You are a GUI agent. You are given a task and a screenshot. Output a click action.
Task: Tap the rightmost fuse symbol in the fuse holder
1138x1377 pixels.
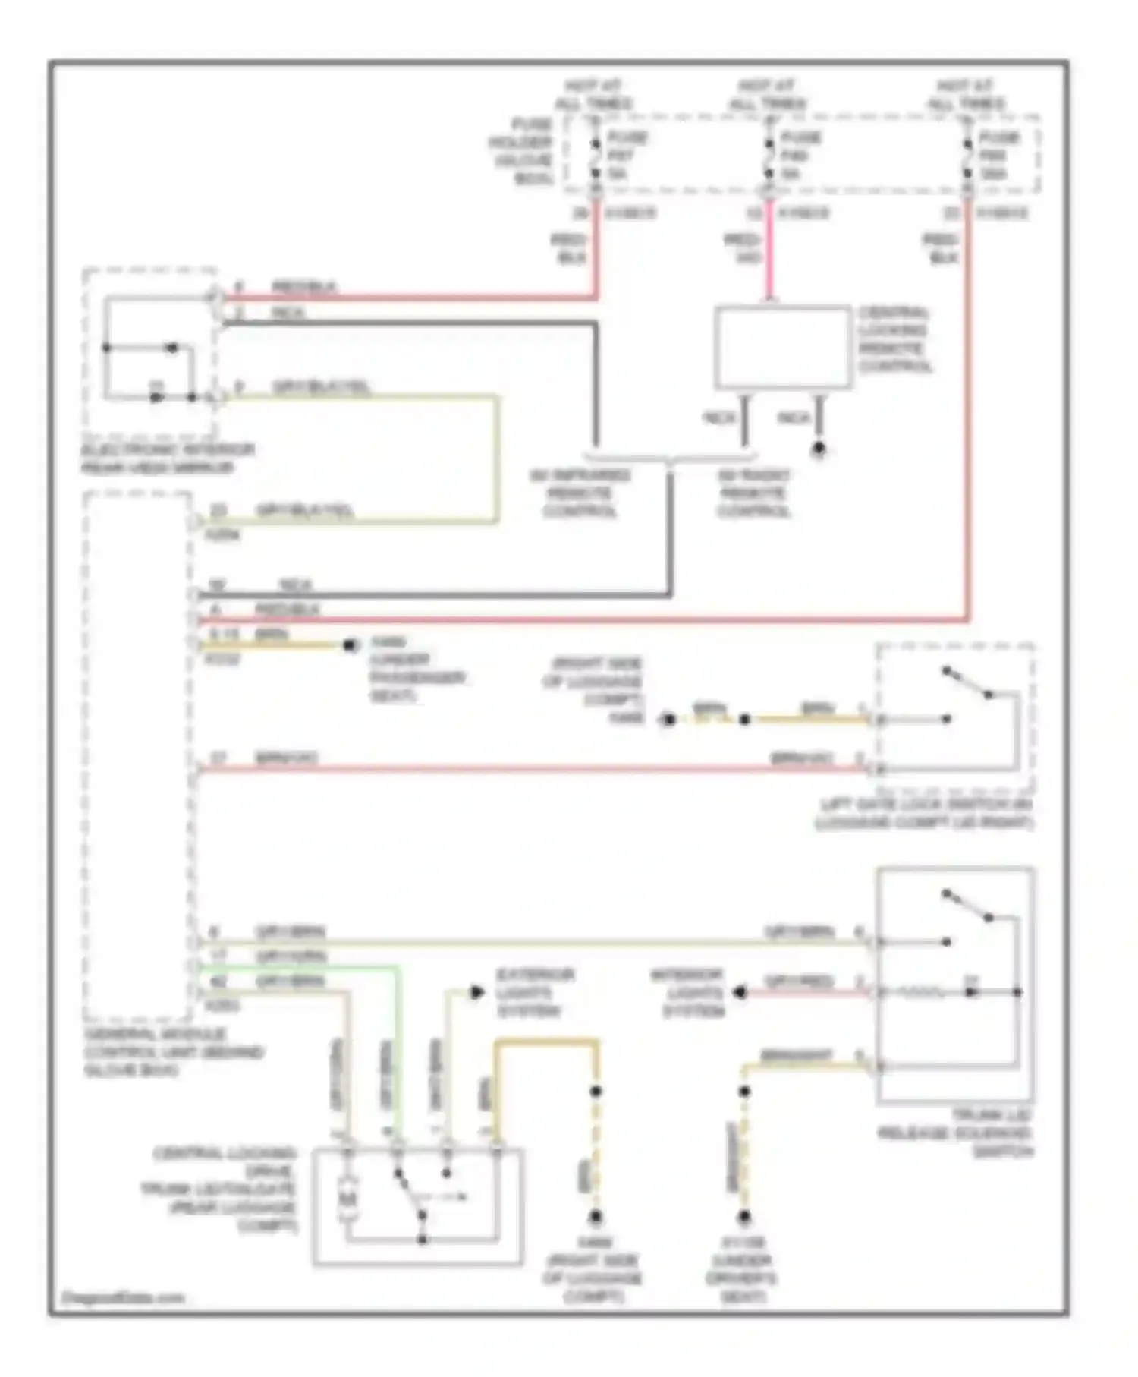[967, 157]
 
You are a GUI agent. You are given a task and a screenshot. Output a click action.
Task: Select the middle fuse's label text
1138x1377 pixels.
[800, 156]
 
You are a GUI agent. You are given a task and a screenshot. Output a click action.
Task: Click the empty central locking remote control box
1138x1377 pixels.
[782, 348]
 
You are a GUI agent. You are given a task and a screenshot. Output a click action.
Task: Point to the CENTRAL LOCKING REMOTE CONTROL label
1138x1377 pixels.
[894, 339]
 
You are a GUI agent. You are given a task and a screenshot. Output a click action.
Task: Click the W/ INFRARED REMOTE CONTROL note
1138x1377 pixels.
[580, 493]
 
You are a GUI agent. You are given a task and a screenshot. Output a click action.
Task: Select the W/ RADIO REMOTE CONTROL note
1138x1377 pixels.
[754, 493]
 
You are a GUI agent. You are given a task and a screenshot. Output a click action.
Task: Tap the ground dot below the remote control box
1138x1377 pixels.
[819, 449]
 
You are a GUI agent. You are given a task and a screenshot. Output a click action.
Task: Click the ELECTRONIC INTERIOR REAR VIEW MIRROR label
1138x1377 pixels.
[168, 458]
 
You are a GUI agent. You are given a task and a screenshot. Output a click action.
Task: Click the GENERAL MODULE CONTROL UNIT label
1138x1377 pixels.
[174, 1052]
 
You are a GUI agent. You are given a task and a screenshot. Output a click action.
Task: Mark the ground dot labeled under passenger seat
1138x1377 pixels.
[350, 645]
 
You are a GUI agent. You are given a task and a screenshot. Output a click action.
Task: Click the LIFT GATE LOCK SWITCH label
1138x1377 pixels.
[925, 813]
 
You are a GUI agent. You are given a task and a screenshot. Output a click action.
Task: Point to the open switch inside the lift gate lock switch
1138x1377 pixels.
[967, 682]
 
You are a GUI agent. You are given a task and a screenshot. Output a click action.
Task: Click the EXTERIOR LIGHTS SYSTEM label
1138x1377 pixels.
[535, 992]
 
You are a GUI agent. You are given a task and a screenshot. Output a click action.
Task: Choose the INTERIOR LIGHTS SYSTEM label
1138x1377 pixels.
[687, 992]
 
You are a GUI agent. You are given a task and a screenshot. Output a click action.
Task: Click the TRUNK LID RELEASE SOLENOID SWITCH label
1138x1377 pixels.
[957, 1133]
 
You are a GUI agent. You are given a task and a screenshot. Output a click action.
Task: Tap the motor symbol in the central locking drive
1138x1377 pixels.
[348, 1199]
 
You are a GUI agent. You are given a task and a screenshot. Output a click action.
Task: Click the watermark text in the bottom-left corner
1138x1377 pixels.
[121, 1297]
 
